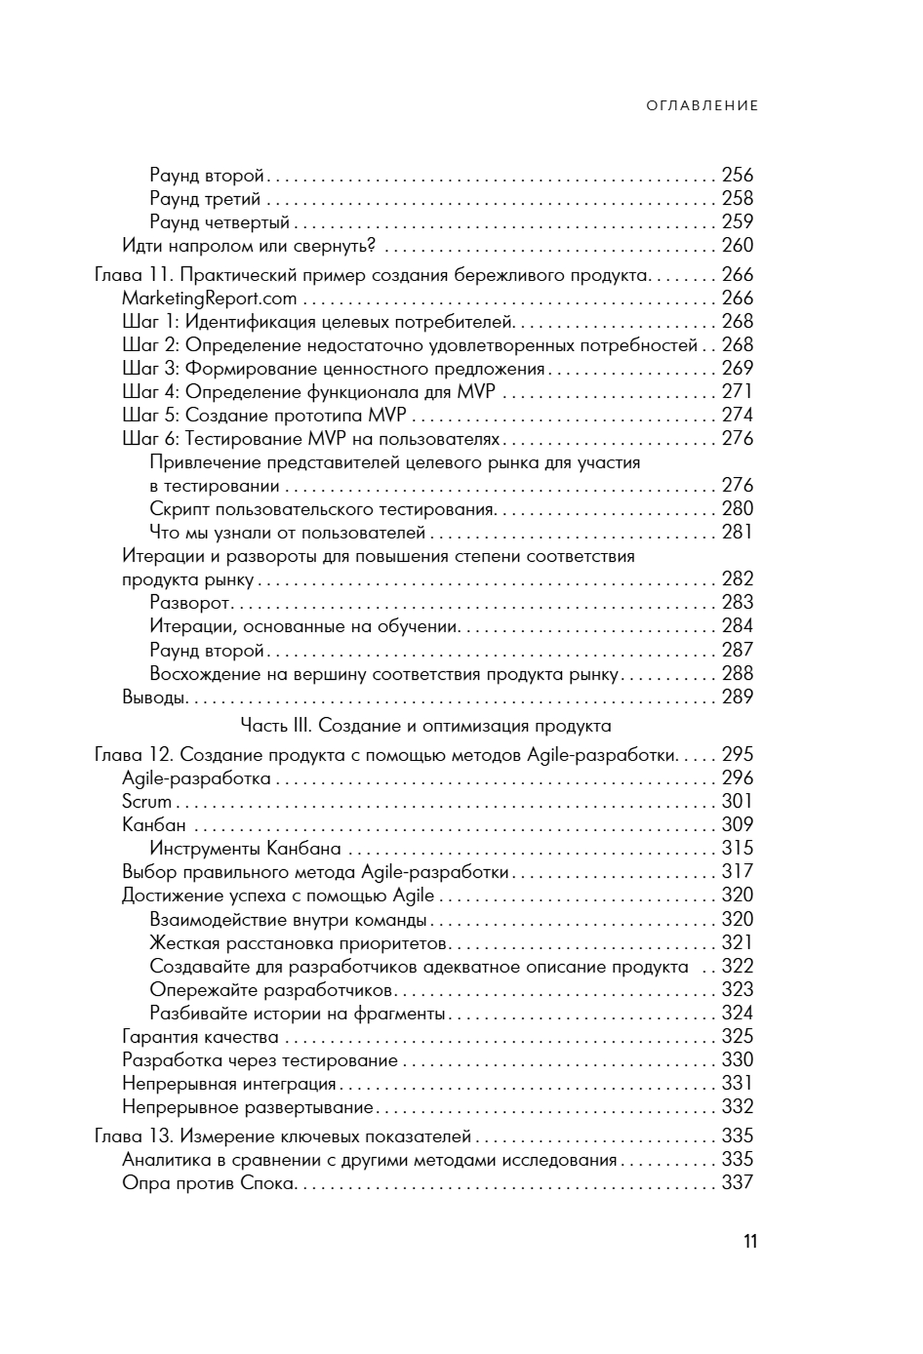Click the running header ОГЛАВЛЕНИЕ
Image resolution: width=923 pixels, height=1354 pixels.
702,106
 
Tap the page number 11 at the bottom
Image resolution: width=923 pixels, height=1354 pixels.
749,1241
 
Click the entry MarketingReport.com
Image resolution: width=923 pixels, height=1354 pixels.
209,298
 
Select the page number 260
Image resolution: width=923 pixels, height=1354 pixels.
737,245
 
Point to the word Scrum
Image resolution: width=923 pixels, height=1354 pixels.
146,802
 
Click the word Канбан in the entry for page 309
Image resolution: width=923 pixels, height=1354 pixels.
154,825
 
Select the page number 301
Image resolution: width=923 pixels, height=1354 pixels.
737,801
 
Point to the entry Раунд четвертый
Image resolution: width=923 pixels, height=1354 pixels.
220,222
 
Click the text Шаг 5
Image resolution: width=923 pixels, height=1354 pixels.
150,415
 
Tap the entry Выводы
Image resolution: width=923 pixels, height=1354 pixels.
154,697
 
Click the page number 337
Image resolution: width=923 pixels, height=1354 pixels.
737,1182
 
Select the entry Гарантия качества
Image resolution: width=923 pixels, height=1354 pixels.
200,1037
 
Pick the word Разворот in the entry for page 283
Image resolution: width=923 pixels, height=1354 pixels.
190,603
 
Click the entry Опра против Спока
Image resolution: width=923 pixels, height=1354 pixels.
208,1183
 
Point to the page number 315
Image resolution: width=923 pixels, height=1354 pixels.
737,848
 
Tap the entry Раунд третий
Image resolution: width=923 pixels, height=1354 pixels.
206,199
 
